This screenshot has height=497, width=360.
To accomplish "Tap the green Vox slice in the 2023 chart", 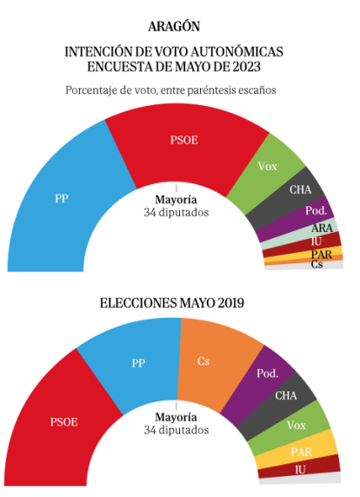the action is pyautogui.click(x=266, y=171).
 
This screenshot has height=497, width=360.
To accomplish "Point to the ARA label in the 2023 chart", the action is pyautogui.click(x=322, y=229).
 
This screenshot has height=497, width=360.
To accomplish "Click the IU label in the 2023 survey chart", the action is pyautogui.click(x=317, y=242).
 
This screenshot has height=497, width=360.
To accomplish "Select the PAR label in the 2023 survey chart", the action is pyautogui.click(x=321, y=255).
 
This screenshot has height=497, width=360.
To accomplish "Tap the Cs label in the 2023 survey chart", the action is pyautogui.click(x=317, y=264).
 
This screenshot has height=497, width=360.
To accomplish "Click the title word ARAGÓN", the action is pyautogui.click(x=174, y=27).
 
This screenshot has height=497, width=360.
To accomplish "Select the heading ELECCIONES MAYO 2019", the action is pyautogui.click(x=172, y=303).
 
